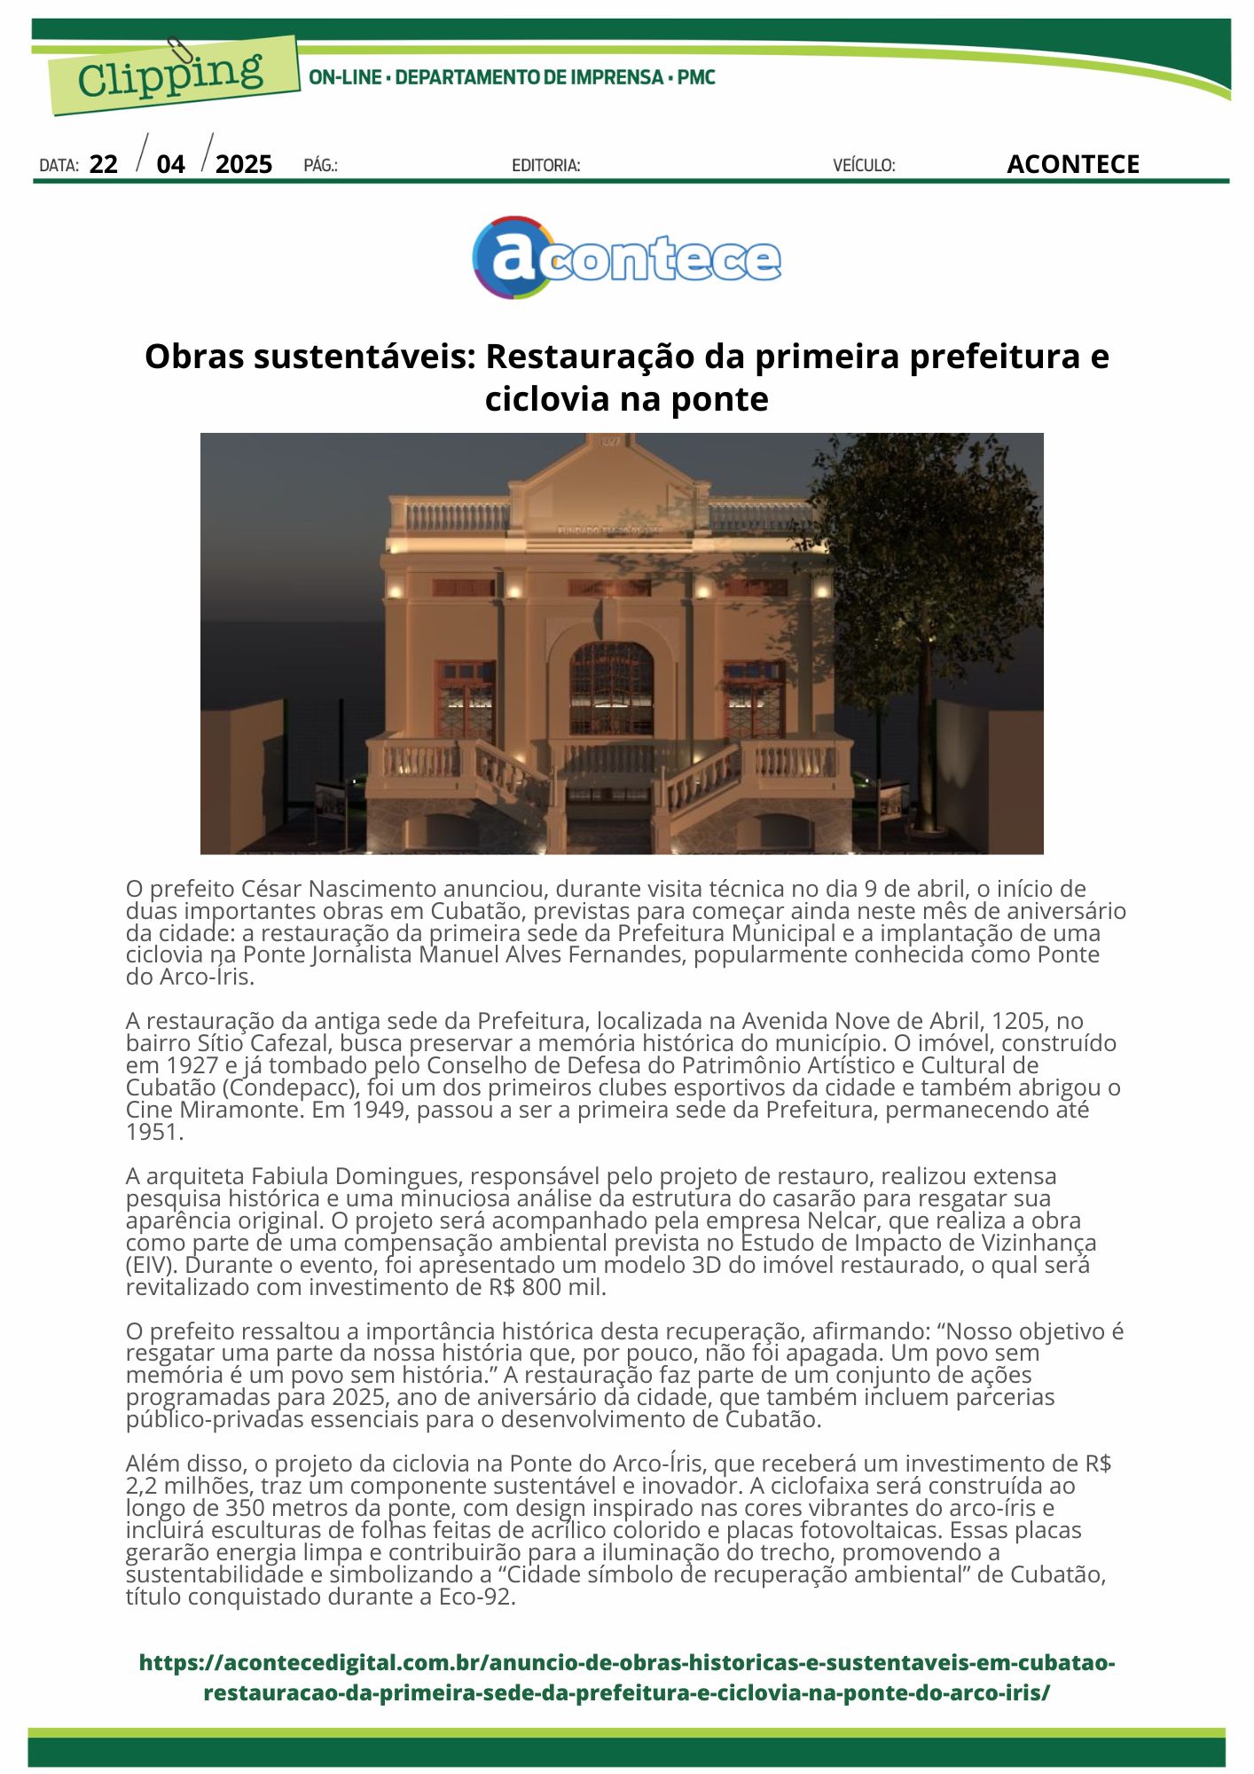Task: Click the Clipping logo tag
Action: tap(171, 75)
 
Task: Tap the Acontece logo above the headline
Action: tap(626, 257)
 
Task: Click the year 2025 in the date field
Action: tap(244, 165)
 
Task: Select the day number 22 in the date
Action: tap(104, 165)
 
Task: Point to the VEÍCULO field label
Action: tap(864, 166)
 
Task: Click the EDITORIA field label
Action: tap(545, 166)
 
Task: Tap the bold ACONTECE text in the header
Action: tap(1072, 165)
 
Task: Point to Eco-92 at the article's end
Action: tap(477, 1597)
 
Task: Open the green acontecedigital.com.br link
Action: tap(626, 1677)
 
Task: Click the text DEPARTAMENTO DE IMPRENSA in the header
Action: tap(529, 78)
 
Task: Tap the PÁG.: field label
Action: tap(320, 166)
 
